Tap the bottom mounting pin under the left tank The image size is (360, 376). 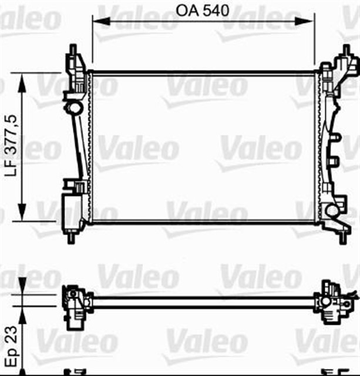coord(71,237)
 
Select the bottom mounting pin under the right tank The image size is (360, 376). coord(341,237)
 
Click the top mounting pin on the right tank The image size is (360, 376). coord(342,51)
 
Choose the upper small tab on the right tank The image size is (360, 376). coord(335,139)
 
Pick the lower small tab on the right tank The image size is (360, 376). coord(335,161)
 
